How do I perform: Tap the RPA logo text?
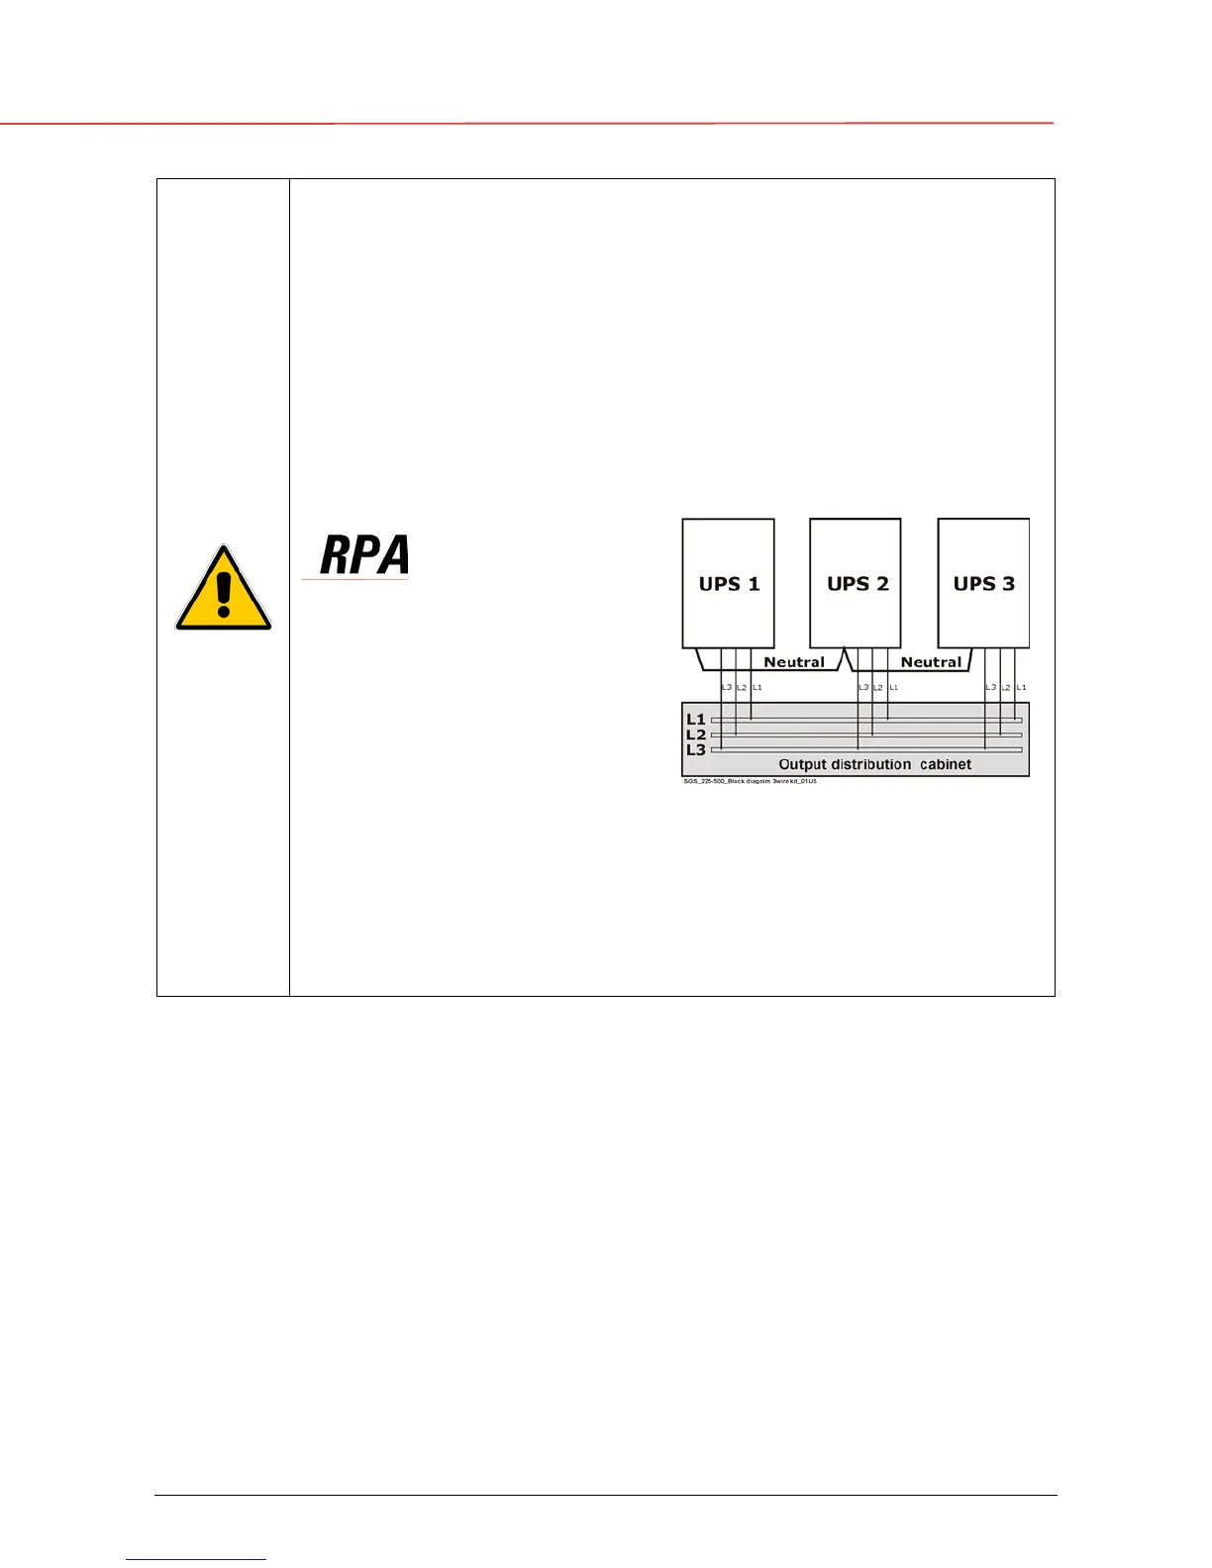(363, 556)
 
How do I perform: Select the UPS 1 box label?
(729, 584)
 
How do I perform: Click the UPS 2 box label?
(858, 584)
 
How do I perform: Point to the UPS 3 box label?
(983, 584)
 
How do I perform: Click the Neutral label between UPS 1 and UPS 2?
(793, 662)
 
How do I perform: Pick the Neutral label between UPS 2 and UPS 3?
(931, 662)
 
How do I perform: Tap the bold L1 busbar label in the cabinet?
(696, 720)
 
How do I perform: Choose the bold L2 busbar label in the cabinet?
(696, 735)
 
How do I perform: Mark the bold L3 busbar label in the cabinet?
(696, 750)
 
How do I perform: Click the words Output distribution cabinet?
(874, 764)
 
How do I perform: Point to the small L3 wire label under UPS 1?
(726, 687)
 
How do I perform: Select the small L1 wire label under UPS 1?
(757, 687)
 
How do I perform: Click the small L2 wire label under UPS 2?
(877, 687)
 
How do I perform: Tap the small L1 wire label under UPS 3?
(1022, 687)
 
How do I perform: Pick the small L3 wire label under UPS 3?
(990, 687)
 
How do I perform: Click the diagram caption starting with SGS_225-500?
(750, 781)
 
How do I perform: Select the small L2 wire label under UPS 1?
(742, 687)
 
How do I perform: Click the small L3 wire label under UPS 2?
(862, 687)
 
